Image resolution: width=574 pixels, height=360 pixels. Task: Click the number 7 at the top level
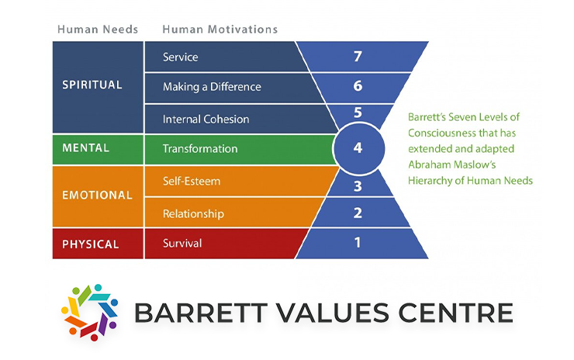tap(358, 56)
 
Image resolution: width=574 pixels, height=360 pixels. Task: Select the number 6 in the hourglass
tap(358, 86)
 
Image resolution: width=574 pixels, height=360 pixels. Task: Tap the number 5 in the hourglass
tap(358, 113)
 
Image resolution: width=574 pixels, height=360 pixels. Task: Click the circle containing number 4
tap(358, 147)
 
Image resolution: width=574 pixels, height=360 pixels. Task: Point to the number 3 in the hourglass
tap(358, 185)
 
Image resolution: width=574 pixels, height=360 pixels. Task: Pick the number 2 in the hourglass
tap(358, 213)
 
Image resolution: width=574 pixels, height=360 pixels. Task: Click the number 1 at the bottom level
tap(358, 242)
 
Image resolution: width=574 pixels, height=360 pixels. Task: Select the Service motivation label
tap(181, 57)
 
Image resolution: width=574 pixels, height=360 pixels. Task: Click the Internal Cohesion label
tap(206, 119)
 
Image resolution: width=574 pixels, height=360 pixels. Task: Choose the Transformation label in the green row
tap(200, 148)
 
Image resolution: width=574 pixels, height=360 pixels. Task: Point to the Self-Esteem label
tap(192, 181)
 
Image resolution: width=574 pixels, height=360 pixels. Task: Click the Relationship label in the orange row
tap(193, 213)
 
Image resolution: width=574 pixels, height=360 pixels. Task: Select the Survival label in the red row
tap(182, 243)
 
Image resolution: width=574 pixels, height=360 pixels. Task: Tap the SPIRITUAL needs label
tap(92, 85)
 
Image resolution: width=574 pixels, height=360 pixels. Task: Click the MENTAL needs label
tap(86, 147)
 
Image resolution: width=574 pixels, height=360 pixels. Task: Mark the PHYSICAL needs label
tap(91, 244)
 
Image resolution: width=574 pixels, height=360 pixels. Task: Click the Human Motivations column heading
tap(220, 29)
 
